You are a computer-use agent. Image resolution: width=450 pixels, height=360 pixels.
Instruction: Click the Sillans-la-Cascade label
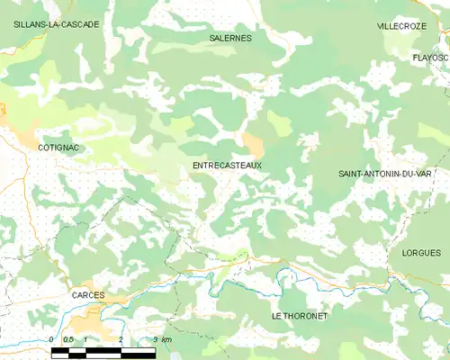[56, 24]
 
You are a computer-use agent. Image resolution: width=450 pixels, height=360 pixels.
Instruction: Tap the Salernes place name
[230, 39]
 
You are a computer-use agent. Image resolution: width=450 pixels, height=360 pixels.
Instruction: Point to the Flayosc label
[429, 57]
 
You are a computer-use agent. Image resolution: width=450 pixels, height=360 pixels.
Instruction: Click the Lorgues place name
[421, 253]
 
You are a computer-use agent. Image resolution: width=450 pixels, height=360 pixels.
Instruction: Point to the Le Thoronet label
[300, 317]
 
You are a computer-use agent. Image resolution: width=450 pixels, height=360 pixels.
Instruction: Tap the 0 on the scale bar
[51, 339]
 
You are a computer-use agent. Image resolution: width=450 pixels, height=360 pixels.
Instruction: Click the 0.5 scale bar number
[67, 339]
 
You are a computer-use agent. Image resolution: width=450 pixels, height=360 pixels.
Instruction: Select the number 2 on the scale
[121, 339]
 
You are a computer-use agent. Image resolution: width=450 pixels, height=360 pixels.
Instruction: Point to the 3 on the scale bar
[155, 339]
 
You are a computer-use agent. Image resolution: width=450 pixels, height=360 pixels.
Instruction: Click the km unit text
[166, 339]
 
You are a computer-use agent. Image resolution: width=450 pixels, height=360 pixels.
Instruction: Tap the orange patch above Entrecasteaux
[253, 142]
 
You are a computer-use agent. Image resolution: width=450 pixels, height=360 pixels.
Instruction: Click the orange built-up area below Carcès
[94, 319]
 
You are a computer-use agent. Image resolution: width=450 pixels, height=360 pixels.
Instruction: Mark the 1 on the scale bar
[85, 339]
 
